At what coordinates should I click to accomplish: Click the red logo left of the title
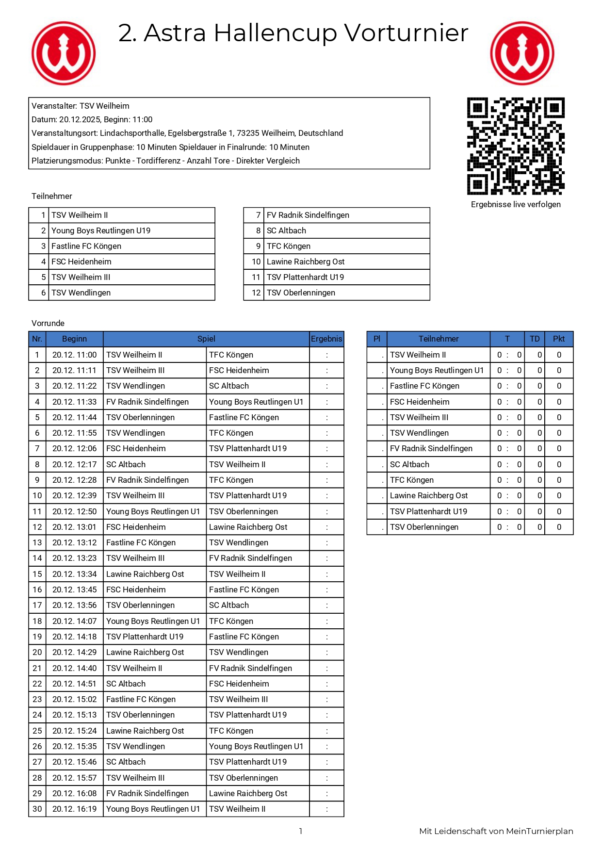tap(64, 53)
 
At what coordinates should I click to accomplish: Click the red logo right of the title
tap(521, 53)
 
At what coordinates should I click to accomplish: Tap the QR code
tap(515, 146)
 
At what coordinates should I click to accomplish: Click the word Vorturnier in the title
tap(406, 33)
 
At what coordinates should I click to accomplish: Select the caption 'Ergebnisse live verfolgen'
tap(515, 205)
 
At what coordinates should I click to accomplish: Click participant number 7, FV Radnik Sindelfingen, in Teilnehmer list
tap(308, 215)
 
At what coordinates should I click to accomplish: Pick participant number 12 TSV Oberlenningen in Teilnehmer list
tap(301, 293)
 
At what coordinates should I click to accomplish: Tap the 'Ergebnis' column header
tap(326, 339)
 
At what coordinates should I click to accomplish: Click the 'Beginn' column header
tap(74, 339)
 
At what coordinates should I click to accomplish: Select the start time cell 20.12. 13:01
tap(74, 527)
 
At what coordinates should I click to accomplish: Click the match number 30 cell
tap(37, 809)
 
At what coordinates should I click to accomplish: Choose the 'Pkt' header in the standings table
tap(559, 339)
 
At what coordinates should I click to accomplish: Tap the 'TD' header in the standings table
tap(535, 339)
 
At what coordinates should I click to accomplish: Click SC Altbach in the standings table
tap(409, 465)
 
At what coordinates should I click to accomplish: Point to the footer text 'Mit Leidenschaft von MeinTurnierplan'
tap(496, 832)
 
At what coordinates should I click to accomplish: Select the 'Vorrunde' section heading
tap(48, 324)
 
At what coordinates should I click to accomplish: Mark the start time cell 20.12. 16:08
tap(74, 794)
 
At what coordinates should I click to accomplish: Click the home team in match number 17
tap(140, 606)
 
